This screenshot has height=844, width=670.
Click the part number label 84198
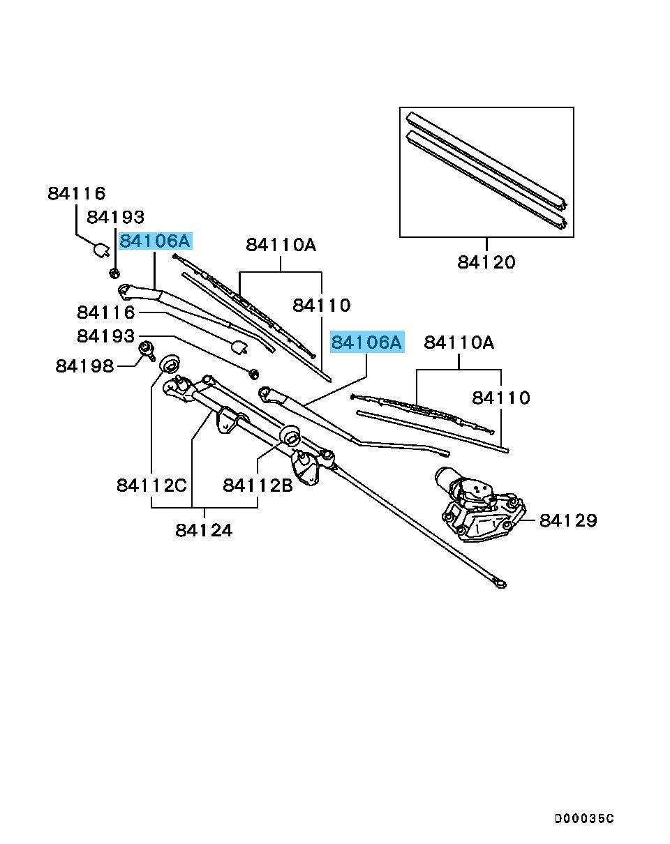click(84, 366)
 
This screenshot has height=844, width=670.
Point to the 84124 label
click(204, 530)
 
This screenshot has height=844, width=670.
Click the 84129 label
click(568, 520)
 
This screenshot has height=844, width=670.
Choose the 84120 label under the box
click(486, 262)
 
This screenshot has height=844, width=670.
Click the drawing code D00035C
click(585, 818)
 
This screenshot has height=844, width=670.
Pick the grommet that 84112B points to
click(289, 437)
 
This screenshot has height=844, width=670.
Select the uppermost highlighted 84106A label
click(154, 241)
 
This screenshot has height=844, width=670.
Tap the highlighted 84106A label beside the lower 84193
click(366, 342)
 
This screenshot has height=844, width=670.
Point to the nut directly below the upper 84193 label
click(115, 271)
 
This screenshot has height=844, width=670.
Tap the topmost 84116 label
click(76, 193)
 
